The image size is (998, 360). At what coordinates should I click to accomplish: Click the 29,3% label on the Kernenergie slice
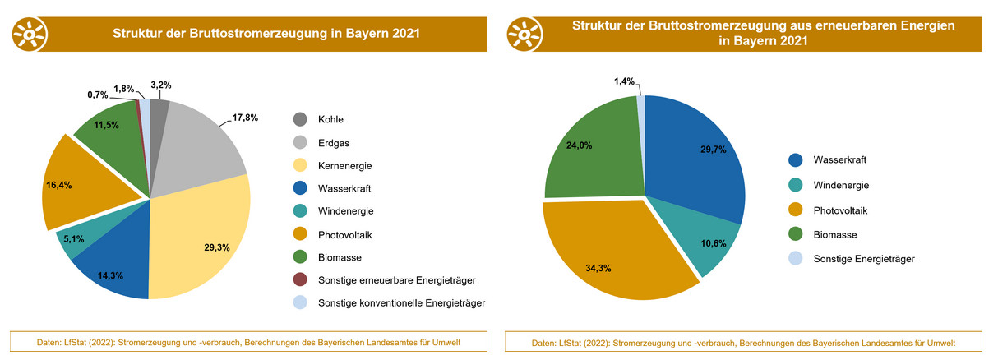click(217, 247)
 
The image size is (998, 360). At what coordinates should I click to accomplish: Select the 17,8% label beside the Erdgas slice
click(245, 118)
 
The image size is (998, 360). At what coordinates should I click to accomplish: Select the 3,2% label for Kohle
click(161, 84)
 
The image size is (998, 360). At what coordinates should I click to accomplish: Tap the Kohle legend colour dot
click(300, 119)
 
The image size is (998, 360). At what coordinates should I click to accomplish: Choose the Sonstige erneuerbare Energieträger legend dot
click(300, 280)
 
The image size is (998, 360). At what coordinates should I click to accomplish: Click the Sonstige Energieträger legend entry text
click(864, 259)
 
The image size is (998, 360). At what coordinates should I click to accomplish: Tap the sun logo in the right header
click(525, 33)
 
